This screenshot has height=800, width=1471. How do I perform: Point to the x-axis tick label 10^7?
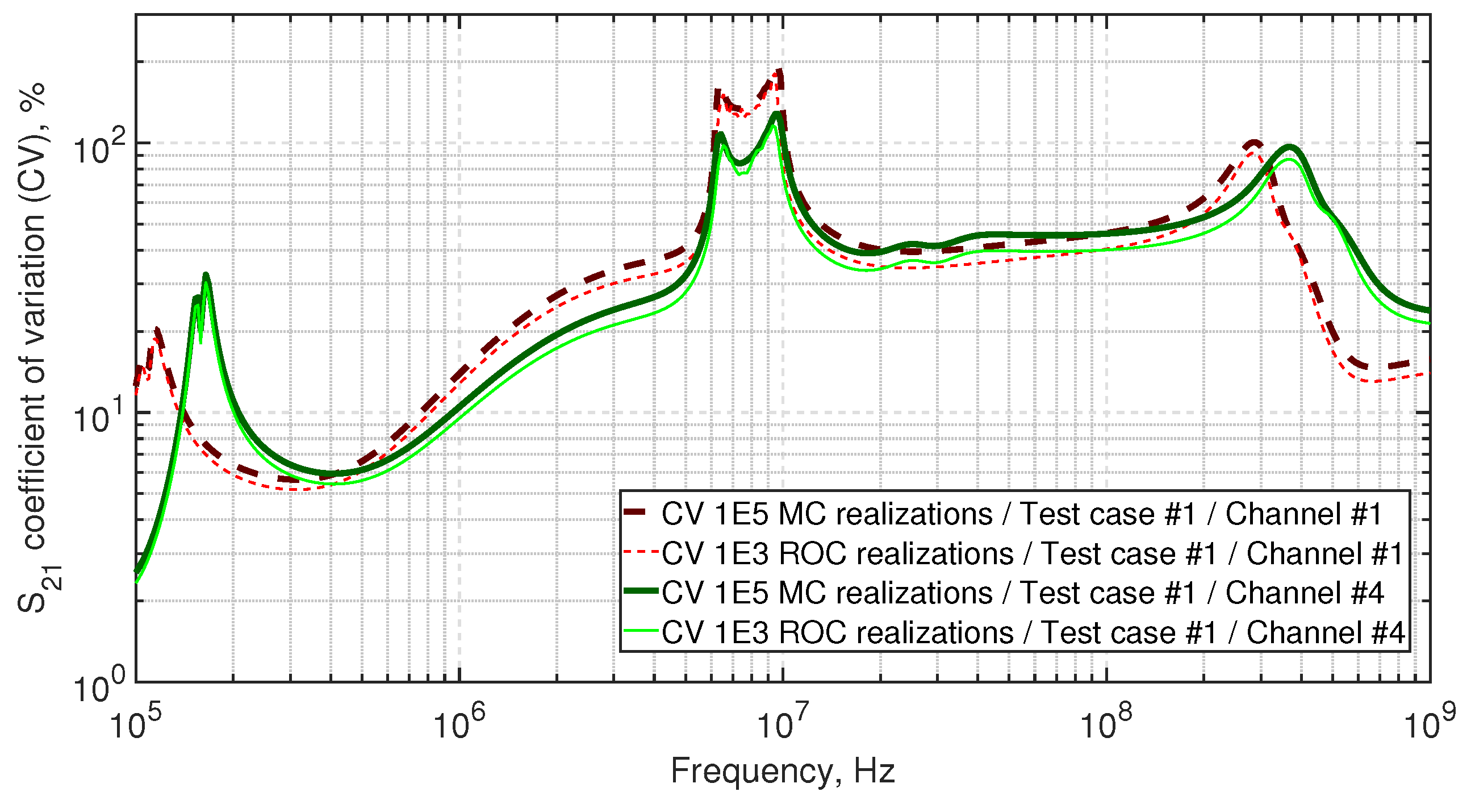point(782,724)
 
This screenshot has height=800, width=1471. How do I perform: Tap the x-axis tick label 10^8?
point(1106,724)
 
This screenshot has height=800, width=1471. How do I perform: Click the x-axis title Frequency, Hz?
point(782,772)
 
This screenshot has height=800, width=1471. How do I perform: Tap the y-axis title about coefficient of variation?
point(33,348)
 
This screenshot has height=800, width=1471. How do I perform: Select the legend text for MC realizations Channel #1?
point(1022,514)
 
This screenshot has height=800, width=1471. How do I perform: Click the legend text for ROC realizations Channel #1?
point(1033,554)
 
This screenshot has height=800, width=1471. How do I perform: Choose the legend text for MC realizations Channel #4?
point(1022,593)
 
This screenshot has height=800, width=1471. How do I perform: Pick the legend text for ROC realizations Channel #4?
point(1033,632)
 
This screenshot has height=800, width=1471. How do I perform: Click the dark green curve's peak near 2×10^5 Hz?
point(206,276)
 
